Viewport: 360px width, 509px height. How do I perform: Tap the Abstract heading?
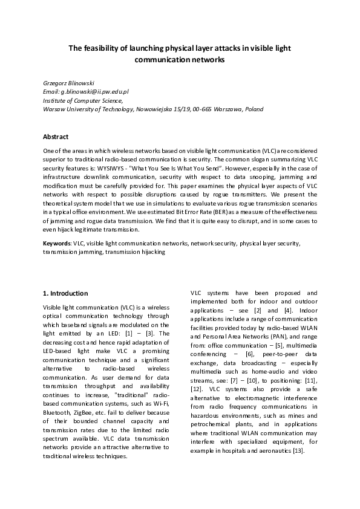pos(56,137)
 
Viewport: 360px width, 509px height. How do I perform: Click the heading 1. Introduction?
pos(66,293)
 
